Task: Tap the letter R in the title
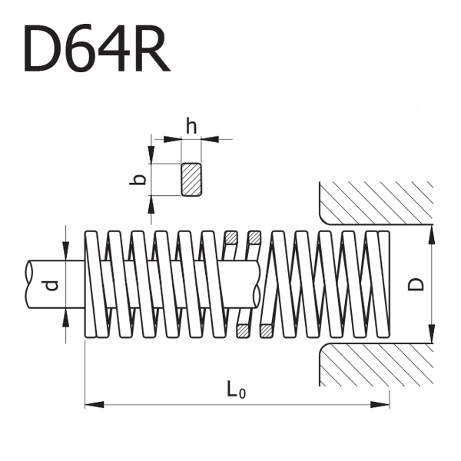coord(148,48)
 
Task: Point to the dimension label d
coord(51,286)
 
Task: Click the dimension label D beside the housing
coord(416,284)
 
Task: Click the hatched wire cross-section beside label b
coord(191,180)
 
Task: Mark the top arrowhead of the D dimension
coord(432,231)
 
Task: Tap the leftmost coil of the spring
coord(92,284)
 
